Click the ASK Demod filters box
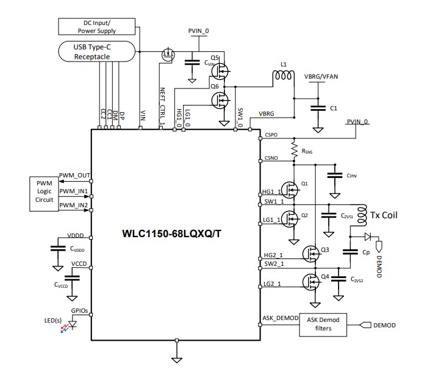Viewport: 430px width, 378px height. [x=323, y=325]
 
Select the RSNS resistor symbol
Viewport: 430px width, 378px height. [x=294, y=148]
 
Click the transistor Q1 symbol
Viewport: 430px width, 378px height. [x=290, y=191]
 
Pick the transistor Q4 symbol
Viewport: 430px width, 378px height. [x=310, y=282]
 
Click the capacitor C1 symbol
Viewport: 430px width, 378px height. [x=317, y=108]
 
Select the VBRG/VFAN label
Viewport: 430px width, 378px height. [x=321, y=77]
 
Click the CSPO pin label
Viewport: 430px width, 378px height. [x=271, y=134]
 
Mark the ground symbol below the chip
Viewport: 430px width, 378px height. [x=177, y=359]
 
